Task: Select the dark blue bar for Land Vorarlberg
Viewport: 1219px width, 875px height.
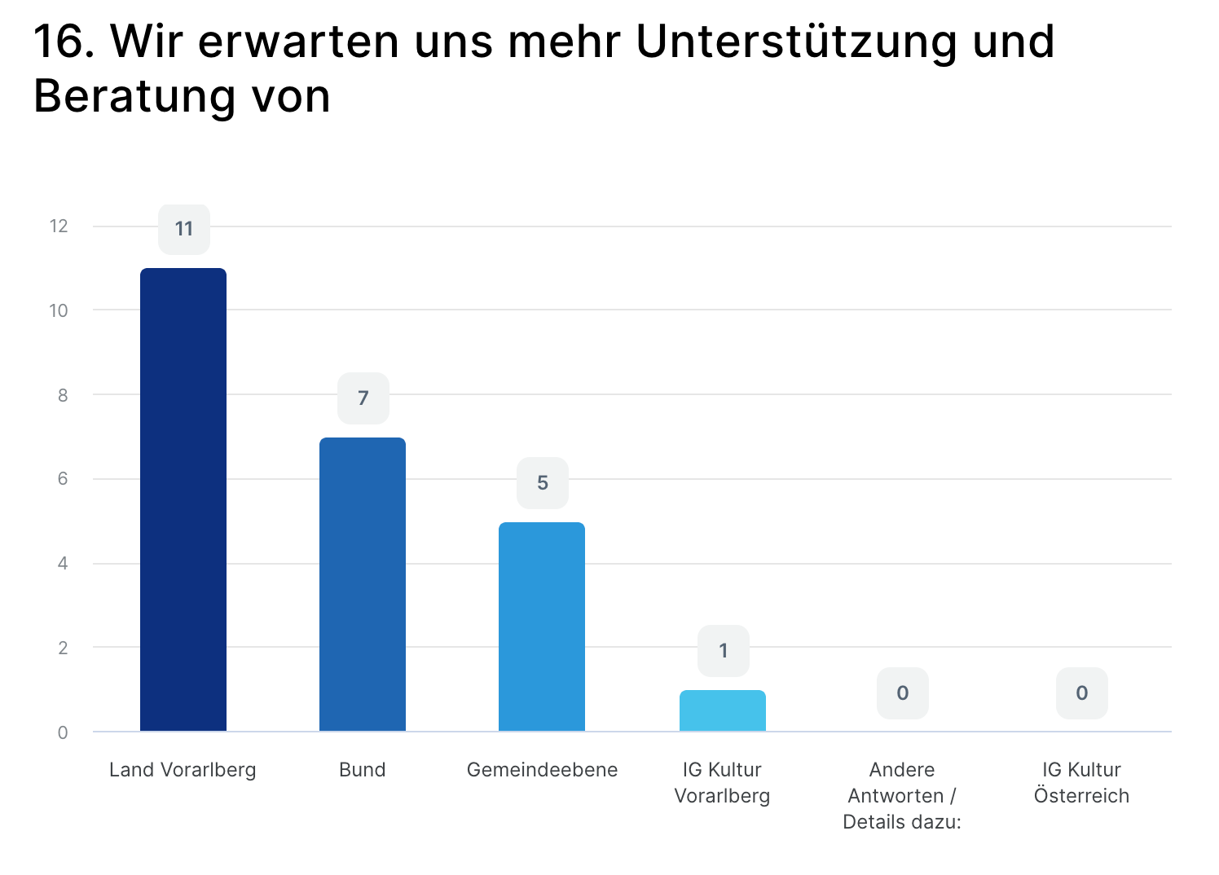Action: [x=183, y=499]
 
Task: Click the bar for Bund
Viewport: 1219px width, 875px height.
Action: [x=363, y=584]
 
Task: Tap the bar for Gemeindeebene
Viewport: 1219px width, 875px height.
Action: [x=542, y=627]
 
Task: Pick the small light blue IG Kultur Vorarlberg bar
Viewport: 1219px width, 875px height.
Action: [x=723, y=710]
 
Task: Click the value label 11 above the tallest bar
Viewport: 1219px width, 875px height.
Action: [x=184, y=229]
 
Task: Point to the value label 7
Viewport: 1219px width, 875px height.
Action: [x=363, y=398]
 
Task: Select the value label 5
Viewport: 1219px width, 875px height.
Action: [x=543, y=483]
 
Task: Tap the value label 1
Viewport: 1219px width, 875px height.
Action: [x=724, y=651]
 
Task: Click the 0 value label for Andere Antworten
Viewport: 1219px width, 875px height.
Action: [x=903, y=693]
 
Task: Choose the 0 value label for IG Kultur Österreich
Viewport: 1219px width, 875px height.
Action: [x=1082, y=693]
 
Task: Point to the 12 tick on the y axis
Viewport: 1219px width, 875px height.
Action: [x=59, y=226]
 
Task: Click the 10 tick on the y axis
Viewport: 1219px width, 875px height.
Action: [x=59, y=310]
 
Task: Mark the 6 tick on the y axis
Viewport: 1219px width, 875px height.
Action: [x=63, y=479]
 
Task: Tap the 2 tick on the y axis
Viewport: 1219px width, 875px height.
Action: [x=63, y=649]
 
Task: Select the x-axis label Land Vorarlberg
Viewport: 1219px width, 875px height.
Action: [x=183, y=770]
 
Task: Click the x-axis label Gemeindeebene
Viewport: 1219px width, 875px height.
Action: [x=542, y=770]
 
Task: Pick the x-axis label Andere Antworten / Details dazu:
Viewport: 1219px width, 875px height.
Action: [x=902, y=796]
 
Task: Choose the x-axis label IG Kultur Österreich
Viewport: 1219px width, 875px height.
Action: [x=1081, y=783]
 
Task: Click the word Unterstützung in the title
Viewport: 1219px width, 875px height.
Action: [x=796, y=42]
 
